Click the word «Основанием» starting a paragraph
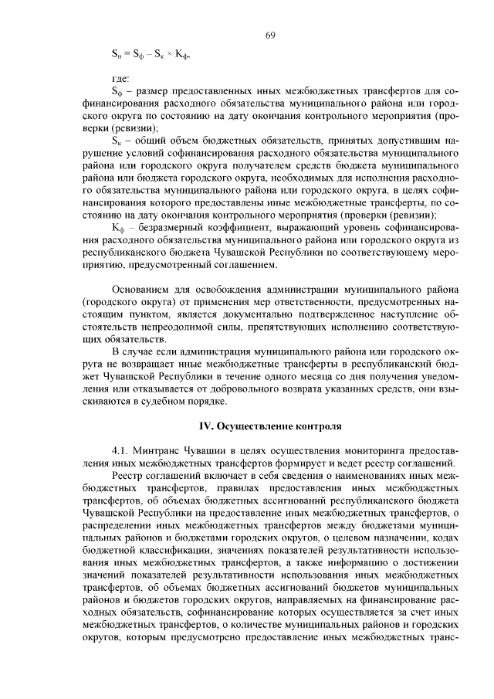click(143, 290)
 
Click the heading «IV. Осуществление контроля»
click(270, 426)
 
